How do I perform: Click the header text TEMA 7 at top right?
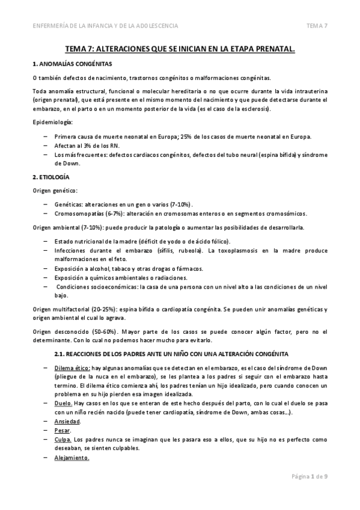[x=317, y=25]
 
